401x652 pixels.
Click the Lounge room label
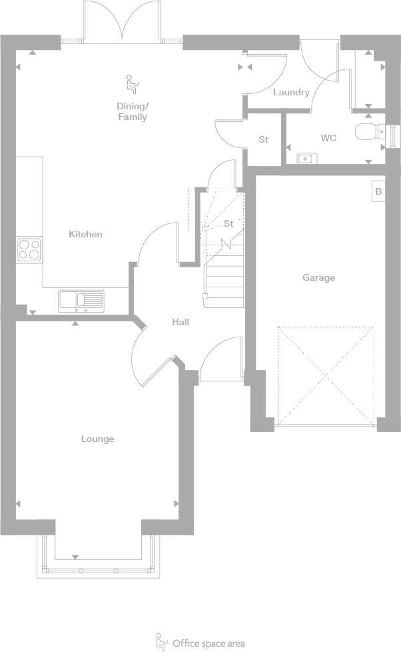(97, 439)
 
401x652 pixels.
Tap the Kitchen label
(85, 234)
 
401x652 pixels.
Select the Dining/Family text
(132, 111)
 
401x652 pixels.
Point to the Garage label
(318, 277)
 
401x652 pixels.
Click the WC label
(328, 138)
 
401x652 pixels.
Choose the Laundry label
(291, 92)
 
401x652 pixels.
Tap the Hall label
(181, 322)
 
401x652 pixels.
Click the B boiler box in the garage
(378, 191)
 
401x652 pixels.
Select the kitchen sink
(81, 301)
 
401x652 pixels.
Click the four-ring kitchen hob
(29, 249)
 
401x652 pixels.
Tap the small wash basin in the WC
(306, 159)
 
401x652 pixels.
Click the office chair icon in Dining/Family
(132, 84)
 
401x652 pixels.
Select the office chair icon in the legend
(161, 642)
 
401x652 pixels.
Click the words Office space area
(208, 643)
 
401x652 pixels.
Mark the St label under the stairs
(228, 223)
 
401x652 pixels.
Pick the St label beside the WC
(263, 139)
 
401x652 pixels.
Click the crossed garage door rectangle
(325, 376)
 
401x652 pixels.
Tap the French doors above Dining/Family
(121, 23)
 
